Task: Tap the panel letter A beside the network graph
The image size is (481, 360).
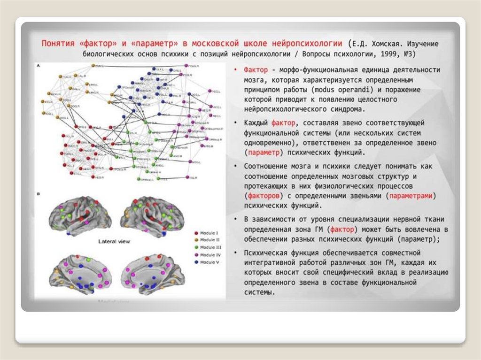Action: (38, 66)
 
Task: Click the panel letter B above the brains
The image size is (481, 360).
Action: (38, 193)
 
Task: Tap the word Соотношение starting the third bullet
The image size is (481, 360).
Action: (265, 166)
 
